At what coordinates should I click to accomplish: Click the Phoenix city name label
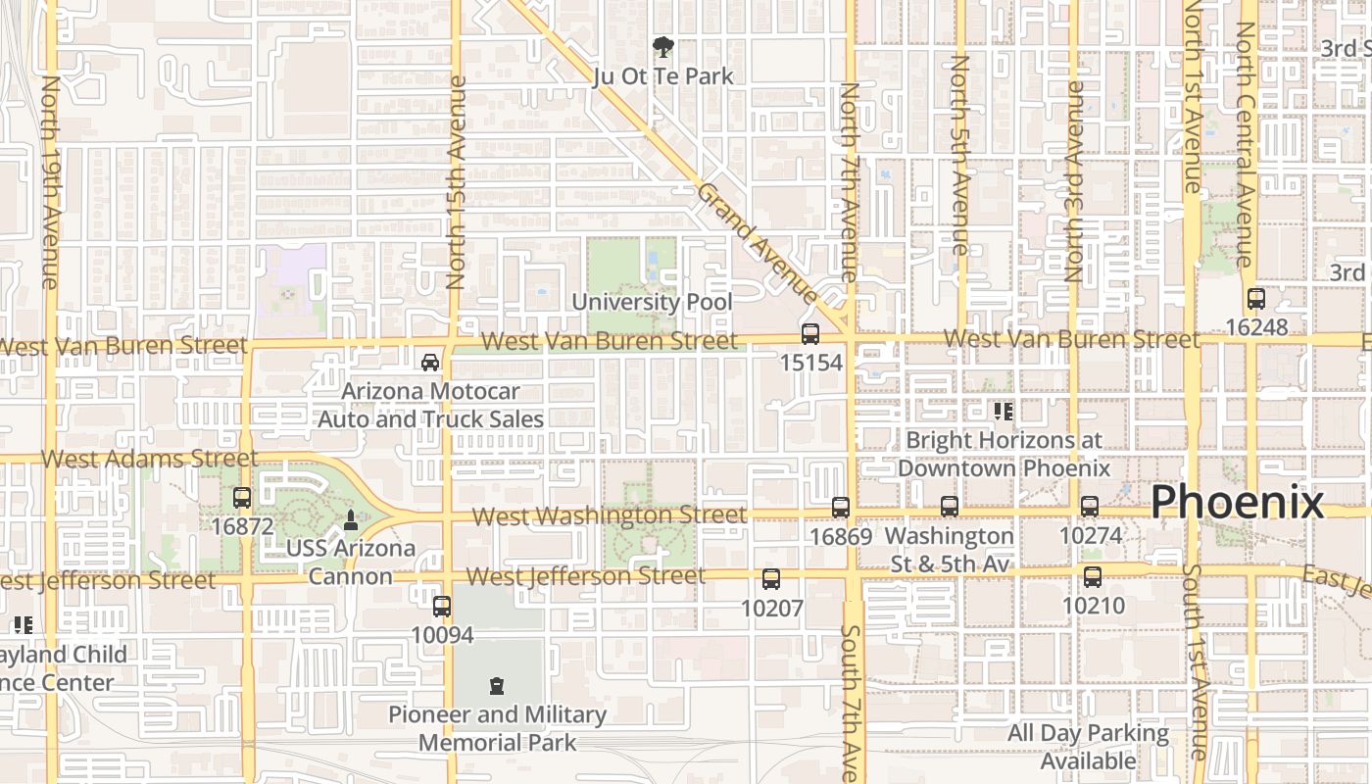point(1237,502)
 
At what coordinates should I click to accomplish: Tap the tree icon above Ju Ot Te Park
point(663,46)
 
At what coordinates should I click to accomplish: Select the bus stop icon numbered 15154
point(810,334)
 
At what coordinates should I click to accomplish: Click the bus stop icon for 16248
point(1256,299)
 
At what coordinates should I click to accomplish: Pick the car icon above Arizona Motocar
point(430,363)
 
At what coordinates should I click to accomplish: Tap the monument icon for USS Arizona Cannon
point(351,519)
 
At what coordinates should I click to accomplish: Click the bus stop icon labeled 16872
point(242,498)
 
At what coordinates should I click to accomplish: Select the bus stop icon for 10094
point(442,607)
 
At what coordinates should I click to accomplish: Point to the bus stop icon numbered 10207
point(771,579)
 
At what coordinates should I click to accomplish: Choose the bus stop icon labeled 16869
point(841,508)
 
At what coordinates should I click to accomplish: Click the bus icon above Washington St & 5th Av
point(950,507)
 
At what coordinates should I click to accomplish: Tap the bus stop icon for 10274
point(1090,507)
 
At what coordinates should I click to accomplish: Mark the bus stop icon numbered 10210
point(1093,577)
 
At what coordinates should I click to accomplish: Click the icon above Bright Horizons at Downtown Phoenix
point(1003,412)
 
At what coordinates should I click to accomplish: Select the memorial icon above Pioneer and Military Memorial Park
point(497,686)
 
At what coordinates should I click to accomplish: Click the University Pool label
point(652,302)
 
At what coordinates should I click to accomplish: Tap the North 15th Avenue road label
point(456,182)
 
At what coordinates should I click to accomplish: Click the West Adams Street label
point(149,458)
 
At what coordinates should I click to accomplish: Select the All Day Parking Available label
point(1088,747)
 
